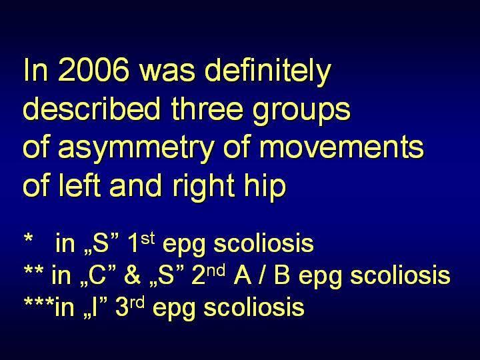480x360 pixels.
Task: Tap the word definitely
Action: point(268,73)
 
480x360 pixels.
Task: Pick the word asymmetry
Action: point(136,150)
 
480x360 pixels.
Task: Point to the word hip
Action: point(265,188)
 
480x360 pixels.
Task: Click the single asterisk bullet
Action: point(29,238)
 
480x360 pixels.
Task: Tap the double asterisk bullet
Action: point(33,270)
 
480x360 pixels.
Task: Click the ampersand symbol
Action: point(132,275)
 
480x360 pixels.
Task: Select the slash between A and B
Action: point(263,275)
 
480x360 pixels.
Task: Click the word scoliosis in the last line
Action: point(254,307)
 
